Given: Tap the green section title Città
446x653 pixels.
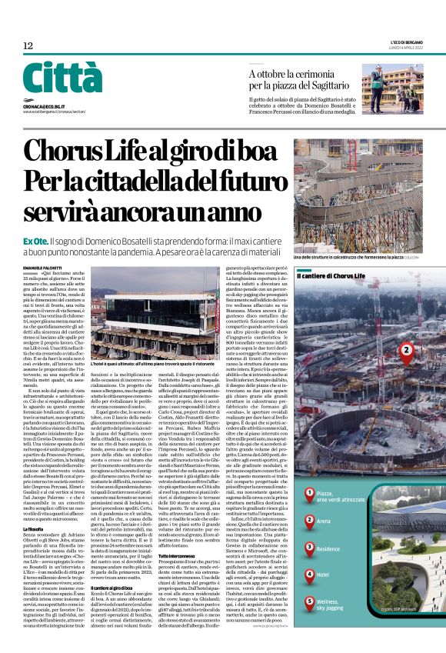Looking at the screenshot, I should [x=62, y=79].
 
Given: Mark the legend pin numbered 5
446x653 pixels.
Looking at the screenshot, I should [x=310, y=601].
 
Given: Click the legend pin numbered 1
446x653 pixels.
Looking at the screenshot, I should [x=310, y=493].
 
